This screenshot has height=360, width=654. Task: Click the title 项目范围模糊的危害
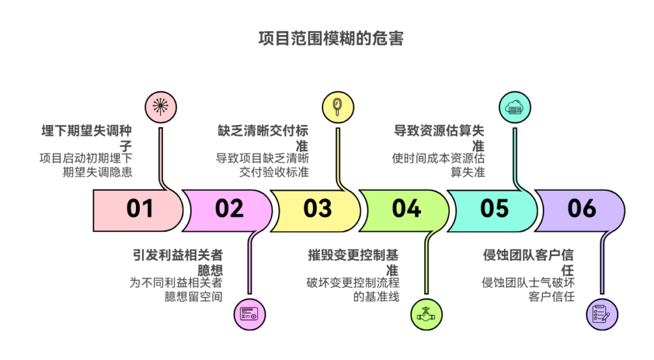330,39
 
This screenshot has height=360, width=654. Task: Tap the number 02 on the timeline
229,209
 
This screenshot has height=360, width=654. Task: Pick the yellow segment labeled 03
317,209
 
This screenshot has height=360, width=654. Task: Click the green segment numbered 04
406,209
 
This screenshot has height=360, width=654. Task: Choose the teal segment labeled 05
494,209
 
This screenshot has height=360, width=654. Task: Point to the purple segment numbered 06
582,209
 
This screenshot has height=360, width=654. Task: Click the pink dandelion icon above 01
161,107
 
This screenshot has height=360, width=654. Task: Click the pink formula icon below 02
249,314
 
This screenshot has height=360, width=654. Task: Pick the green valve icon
426,314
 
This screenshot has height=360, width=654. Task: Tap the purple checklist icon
602,314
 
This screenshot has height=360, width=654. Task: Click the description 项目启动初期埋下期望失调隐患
86,165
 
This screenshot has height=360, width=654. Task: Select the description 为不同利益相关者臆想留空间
176,289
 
